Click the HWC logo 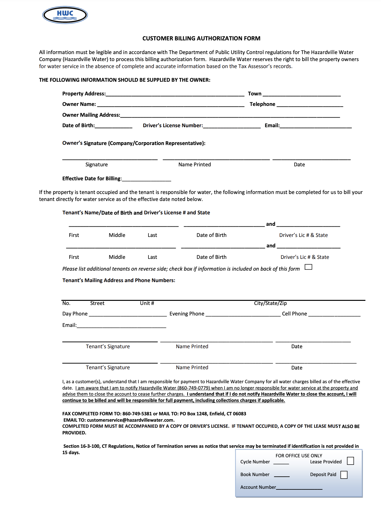[65, 15]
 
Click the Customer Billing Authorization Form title [201, 38]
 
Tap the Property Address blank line [175, 94]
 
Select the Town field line [301, 94]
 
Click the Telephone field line [310, 105]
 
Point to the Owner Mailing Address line [230, 116]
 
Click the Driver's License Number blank [232, 126]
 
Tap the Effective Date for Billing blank [146, 179]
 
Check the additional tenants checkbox [308, 267]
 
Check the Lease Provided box [350, 461]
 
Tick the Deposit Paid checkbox [344, 475]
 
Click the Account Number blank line [299, 488]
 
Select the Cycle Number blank [281, 463]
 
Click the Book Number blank [282, 475]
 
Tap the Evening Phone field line [243, 315]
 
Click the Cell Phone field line [334, 315]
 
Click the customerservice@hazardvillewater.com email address [130, 420]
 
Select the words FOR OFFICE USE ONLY [299, 456]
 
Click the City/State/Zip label [270, 303]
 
